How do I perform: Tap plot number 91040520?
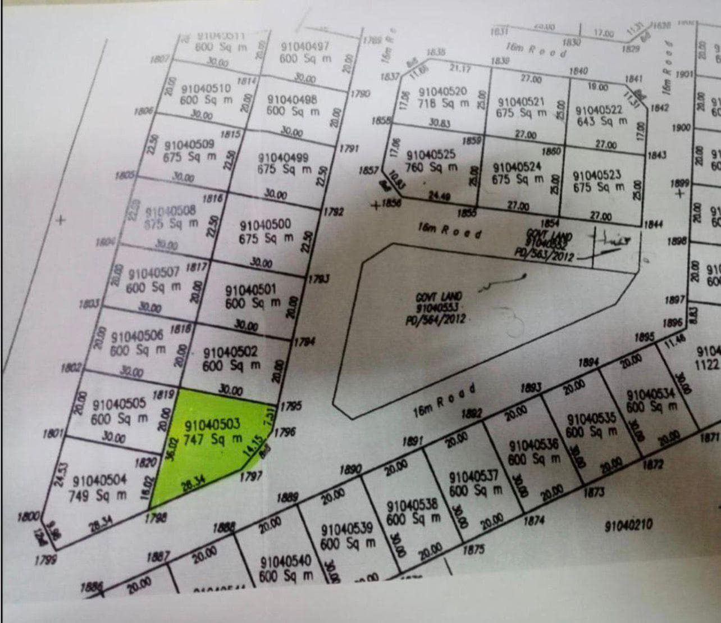pyautogui.click(x=442, y=92)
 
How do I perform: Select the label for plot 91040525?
pyautogui.click(x=431, y=154)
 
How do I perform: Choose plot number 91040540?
pyautogui.click(x=286, y=562)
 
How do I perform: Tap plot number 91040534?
pyautogui.click(x=651, y=394)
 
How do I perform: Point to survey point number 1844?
pyautogui.click(x=654, y=225)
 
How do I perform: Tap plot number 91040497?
pyautogui.click(x=305, y=47)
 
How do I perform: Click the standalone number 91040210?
pyautogui.click(x=628, y=526)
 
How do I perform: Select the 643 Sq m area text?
pyautogui.click(x=602, y=121)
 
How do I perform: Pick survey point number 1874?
pyautogui.click(x=534, y=521)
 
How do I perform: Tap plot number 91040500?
pyautogui.click(x=266, y=225)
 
